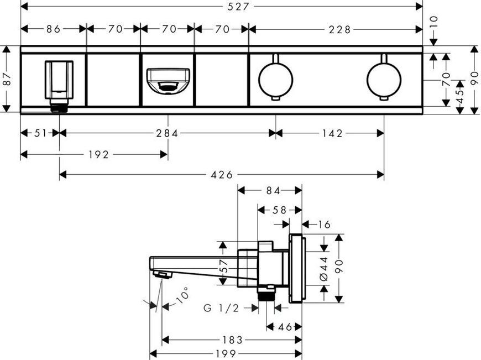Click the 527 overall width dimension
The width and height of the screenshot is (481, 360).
[238, 7]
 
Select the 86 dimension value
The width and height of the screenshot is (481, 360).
[54, 29]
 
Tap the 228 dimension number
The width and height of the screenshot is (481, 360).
[339, 30]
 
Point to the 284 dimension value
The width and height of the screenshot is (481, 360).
[167, 133]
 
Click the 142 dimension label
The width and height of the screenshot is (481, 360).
[332, 133]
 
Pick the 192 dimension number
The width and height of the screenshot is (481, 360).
[99, 155]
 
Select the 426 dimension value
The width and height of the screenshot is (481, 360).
[222, 175]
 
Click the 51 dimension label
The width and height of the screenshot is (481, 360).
[40, 133]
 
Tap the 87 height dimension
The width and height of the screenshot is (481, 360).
[7, 79]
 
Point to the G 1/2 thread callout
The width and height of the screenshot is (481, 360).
[221, 308]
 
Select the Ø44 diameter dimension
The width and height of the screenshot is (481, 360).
[324, 269]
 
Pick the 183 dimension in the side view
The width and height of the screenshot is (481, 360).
[232, 340]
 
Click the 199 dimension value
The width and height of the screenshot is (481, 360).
[226, 353]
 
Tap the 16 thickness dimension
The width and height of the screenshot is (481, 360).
[324, 225]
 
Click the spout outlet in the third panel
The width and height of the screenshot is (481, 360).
[168, 80]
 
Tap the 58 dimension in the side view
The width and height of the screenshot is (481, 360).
[279, 210]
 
